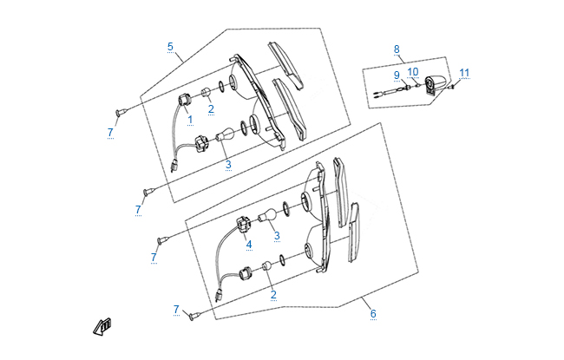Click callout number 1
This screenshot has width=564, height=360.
pos(189,119)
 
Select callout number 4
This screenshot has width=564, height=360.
pos(248,245)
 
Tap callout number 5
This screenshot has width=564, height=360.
pos(170,46)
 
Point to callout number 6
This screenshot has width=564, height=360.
pos(374,314)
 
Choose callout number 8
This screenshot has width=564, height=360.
pos(397,49)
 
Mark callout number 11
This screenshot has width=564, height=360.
pos(464,72)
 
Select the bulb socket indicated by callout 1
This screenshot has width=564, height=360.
pos(183,100)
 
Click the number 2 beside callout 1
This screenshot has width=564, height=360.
pos(211,109)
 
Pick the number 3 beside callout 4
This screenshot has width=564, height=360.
pos(277,235)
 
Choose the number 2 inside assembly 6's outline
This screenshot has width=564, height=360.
pos(273,295)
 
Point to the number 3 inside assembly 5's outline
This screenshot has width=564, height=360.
pos(228,164)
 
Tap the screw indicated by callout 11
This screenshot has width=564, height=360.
pos(453,84)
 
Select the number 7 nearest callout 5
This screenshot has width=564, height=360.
pos(110,132)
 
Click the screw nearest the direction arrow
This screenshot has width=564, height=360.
pos(195,317)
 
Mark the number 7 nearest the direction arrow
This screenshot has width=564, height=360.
pos(176,310)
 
